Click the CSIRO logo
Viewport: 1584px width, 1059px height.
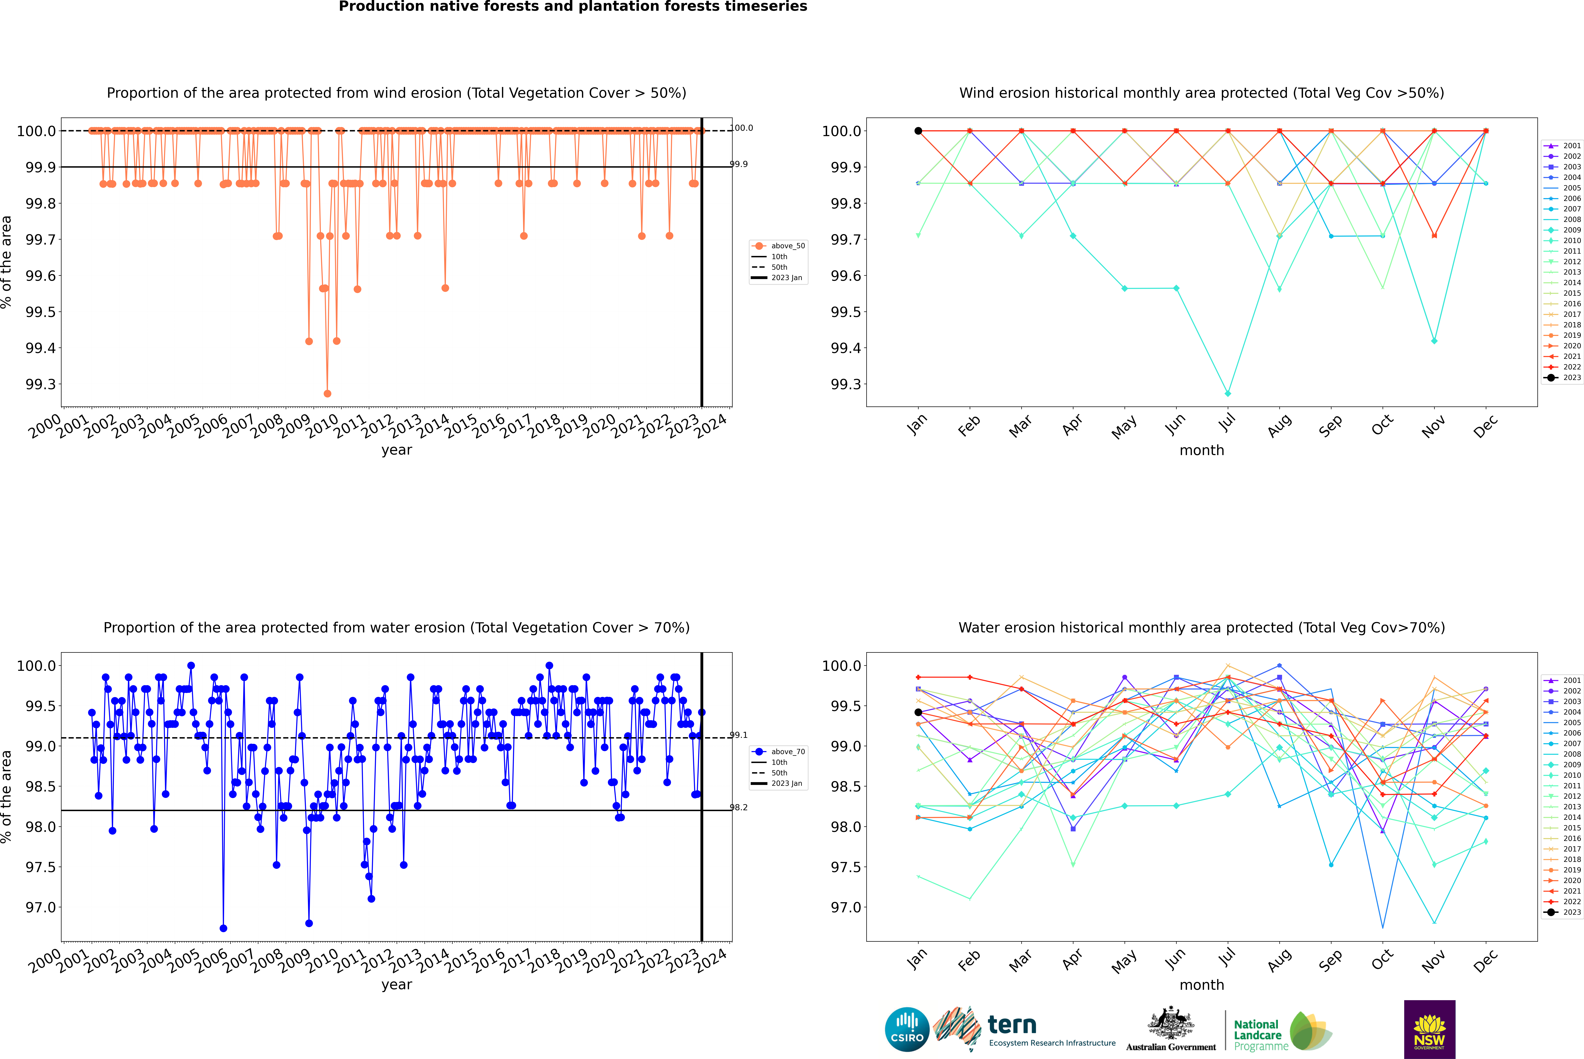click(x=907, y=1029)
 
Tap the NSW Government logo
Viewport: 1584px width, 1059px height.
click(x=1429, y=1029)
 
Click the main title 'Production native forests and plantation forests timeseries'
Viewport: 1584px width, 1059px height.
click(x=573, y=7)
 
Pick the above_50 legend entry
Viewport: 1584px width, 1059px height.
click(x=787, y=246)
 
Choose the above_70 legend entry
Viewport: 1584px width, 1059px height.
click(x=787, y=752)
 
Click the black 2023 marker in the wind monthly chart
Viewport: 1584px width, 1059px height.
click(x=918, y=131)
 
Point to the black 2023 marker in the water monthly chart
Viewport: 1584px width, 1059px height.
click(x=918, y=713)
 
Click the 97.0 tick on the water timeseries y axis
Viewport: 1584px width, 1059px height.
click(x=41, y=907)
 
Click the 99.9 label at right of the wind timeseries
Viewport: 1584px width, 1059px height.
click(x=739, y=164)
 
